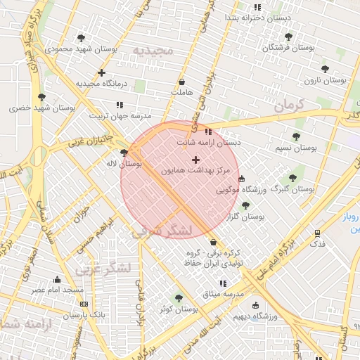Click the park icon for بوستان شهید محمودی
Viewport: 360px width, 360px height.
point(82,38)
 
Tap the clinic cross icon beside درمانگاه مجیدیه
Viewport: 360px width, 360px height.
point(102,72)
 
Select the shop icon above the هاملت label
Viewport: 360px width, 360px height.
point(182,82)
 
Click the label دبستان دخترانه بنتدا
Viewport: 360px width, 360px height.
point(253,17)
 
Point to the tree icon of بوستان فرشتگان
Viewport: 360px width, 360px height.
point(288,37)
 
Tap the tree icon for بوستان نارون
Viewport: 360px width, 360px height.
point(324,69)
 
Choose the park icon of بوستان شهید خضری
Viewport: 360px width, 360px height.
point(41,97)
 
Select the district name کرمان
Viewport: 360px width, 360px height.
point(288,105)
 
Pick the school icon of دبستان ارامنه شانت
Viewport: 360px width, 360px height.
point(207,131)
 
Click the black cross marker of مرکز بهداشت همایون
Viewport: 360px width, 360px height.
point(195,160)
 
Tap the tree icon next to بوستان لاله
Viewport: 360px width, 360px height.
point(124,153)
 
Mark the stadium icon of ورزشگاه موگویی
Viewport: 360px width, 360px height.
point(242,179)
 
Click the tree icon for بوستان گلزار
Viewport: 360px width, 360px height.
point(245,206)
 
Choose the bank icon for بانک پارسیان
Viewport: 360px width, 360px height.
point(84,304)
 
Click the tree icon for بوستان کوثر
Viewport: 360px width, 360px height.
point(178,298)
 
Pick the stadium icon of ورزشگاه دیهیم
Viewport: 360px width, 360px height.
point(255,305)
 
